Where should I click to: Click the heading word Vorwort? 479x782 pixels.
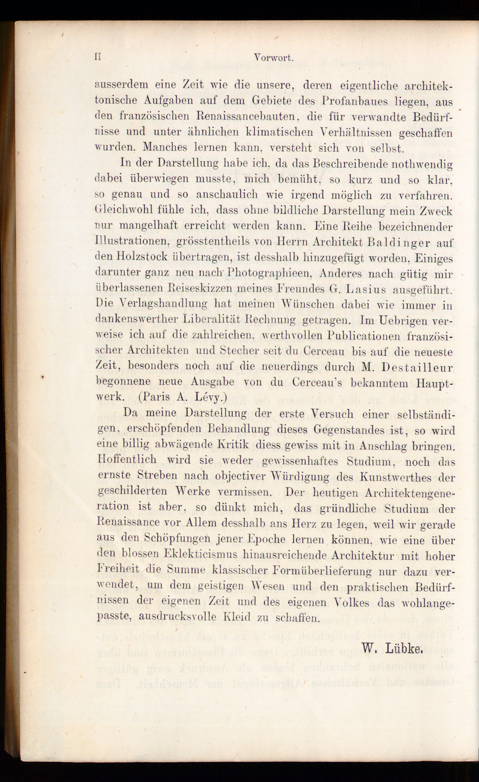(x=273, y=58)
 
